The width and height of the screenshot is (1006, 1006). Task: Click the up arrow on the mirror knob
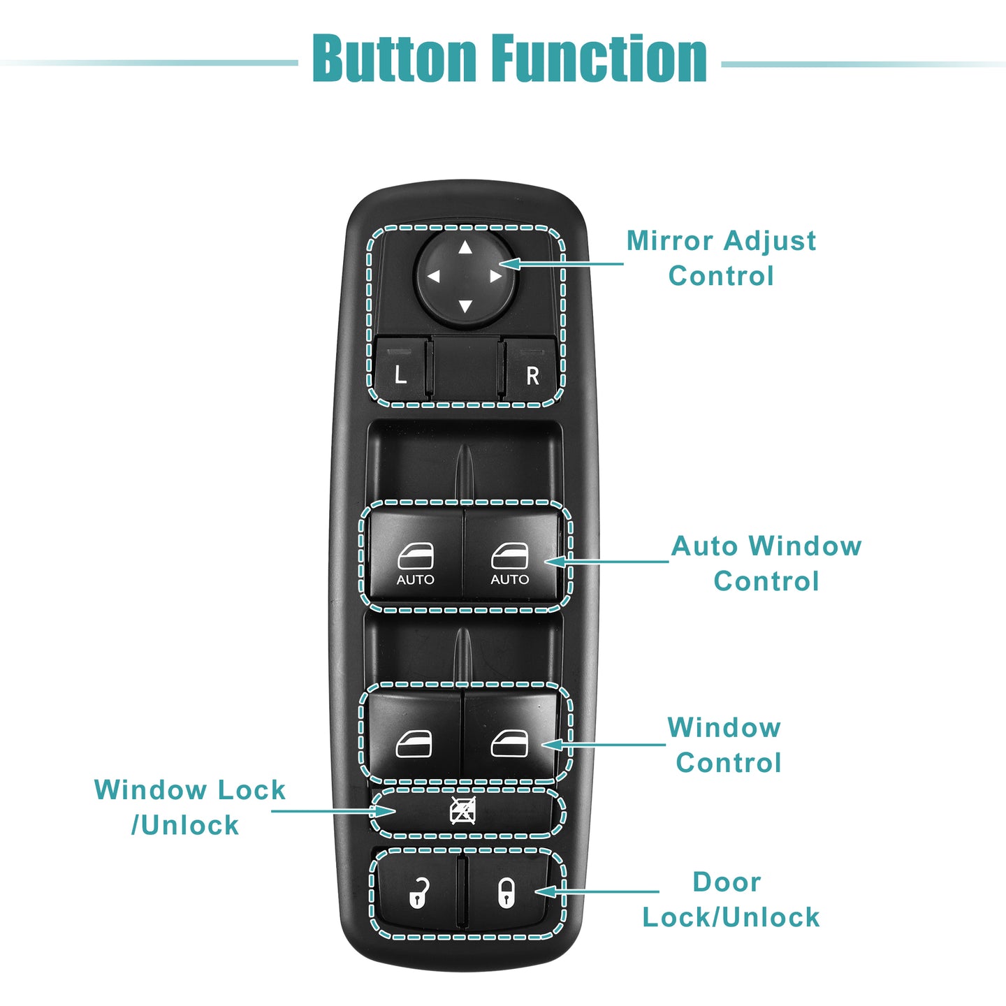pos(465,247)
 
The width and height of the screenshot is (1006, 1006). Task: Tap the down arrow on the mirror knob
pos(465,306)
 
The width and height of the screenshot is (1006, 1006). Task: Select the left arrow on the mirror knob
pos(434,277)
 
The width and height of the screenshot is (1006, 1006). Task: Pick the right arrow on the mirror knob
pos(496,276)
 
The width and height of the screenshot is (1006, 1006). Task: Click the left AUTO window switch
pos(416,555)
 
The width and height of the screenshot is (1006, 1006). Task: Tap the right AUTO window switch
pos(511,555)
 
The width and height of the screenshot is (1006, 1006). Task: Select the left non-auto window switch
pos(414,734)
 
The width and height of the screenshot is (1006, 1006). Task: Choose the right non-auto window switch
pos(510,734)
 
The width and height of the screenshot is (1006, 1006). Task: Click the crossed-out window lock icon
pos(462,811)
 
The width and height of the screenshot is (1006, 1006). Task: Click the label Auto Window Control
pos(766,563)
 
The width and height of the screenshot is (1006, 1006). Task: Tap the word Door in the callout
pos(727,882)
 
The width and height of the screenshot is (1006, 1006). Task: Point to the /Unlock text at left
pos(185,825)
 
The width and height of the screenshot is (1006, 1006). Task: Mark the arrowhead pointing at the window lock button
pos(384,811)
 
